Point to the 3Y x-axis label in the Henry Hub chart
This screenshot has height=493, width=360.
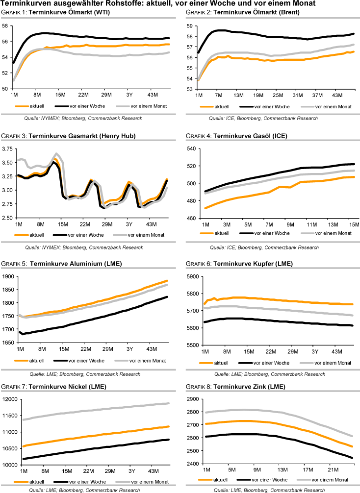129,224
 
